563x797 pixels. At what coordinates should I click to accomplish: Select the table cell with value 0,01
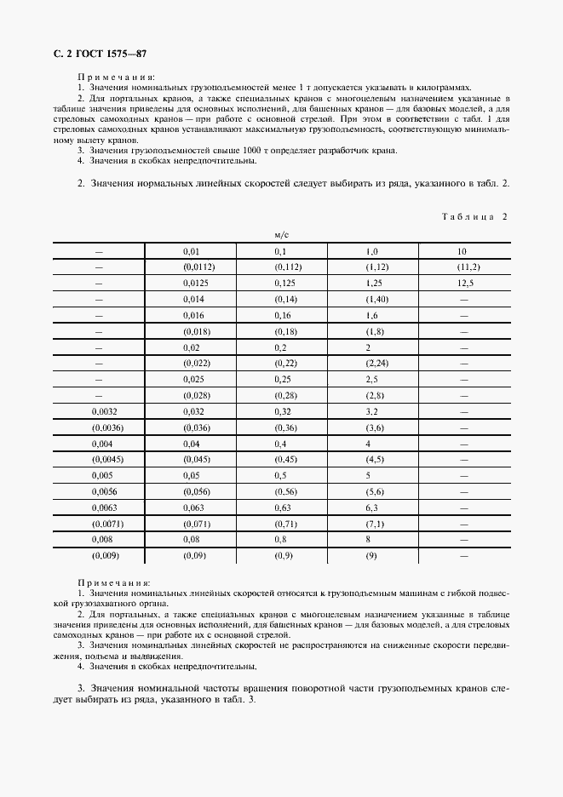[x=191, y=252]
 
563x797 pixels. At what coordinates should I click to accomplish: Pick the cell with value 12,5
[x=464, y=283]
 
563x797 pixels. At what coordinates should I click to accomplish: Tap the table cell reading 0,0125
[x=196, y=283]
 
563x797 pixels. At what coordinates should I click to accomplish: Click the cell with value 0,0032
[x=101, y=411]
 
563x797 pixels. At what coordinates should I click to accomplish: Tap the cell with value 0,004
[x=99, y=444]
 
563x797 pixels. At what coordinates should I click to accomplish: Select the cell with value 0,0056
[x=101, y=492]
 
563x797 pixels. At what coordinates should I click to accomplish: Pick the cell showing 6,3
[x=372, y=508]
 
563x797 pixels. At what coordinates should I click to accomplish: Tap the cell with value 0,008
[x=99, y=540]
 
